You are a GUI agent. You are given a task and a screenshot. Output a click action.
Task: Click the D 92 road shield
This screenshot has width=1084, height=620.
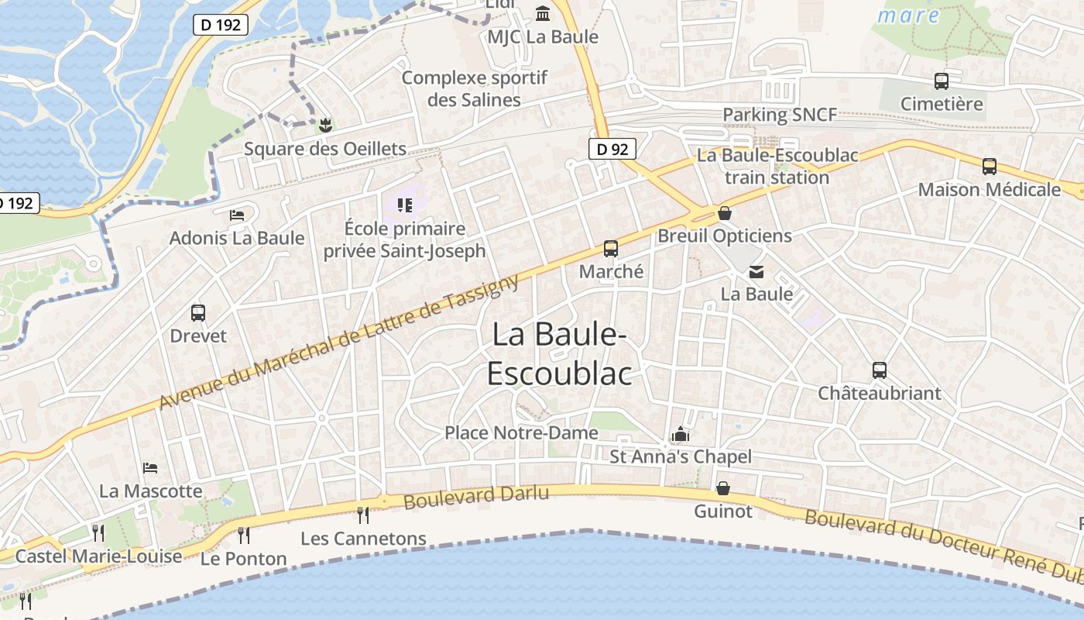click(x=613, y=149)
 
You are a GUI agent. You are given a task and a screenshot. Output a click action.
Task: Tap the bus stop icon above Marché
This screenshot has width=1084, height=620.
click(x=611, y=249)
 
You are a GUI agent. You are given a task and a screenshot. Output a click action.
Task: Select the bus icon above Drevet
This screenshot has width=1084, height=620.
click(x=198, y=313)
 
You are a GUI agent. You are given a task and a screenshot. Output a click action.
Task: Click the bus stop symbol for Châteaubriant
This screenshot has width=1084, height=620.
click(x=880, y=370)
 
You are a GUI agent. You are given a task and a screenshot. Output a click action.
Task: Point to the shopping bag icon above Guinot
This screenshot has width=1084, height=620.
click(x=723, y=488)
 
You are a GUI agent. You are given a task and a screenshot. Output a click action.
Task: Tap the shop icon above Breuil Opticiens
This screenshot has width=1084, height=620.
click(x=725, y=213)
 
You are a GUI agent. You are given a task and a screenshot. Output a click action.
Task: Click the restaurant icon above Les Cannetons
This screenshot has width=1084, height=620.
click(x=362, y=515)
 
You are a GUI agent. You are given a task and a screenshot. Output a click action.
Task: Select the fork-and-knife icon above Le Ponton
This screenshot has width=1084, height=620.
click(x=244, y=535)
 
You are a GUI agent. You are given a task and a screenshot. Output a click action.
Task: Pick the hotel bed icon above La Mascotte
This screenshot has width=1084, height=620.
click(x=151, y=468)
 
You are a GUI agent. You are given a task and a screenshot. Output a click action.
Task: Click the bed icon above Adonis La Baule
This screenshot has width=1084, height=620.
click(x=237, y=215)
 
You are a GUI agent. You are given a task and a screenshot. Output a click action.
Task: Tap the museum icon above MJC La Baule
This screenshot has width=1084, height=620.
click(x=543, y=14)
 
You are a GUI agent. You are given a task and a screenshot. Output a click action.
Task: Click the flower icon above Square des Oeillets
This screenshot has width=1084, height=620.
click(x=325, y=125)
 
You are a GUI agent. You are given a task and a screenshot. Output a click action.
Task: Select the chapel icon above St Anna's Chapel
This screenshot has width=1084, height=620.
click(x=681, y=434)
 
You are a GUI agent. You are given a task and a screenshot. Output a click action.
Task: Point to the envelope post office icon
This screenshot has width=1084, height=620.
click(x=756, y=271)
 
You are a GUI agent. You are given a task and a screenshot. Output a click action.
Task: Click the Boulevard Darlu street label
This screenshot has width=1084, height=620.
click(x=476, y=498)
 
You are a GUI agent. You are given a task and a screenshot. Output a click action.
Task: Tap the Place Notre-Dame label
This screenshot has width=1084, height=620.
click(x=521, y=432)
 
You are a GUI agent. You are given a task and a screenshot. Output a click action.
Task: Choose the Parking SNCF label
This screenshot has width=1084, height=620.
click(x=780, y=115)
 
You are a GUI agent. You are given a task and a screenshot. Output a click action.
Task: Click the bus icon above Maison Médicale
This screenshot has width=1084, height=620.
click(x=990, y=167)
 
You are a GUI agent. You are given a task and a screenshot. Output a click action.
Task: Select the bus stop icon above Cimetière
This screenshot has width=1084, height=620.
click(x=942, y=81)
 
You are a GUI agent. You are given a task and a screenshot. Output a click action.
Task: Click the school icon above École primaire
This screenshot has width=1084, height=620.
click(x=404, y=205)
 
